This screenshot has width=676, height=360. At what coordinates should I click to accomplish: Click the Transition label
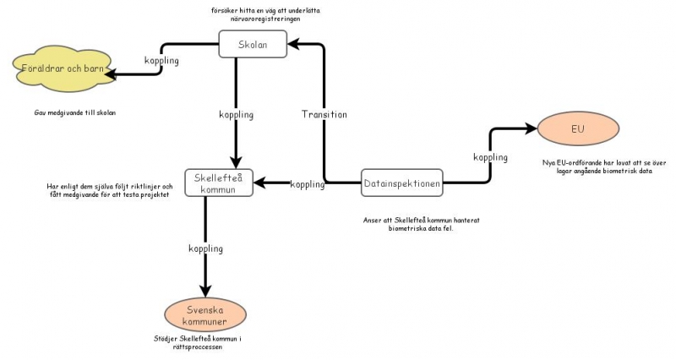(x=324, y=114)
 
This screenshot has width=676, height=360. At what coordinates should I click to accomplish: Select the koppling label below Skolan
(x=237, y=114)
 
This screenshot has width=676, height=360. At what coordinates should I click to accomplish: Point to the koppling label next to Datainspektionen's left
(x=308, y=184)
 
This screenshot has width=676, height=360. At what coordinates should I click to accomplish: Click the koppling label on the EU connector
(x=490, y=157)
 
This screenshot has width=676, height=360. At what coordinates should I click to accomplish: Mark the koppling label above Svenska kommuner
(x=205, y=248)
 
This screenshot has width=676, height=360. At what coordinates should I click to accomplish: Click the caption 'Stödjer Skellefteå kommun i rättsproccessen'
(x=205, y=343)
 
